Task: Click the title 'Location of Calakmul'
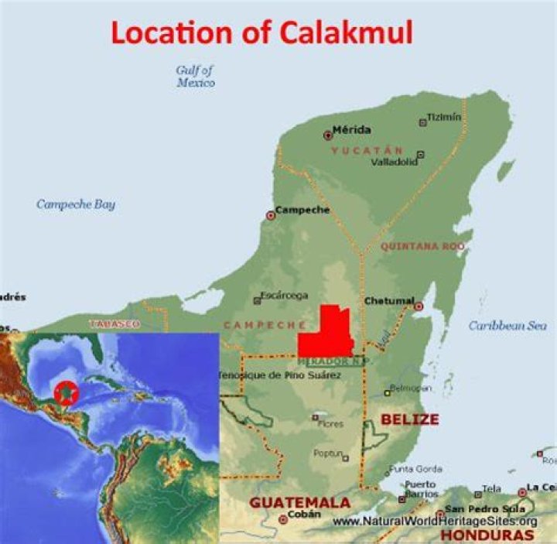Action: (x=261, y=32)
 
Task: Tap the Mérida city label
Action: (x=351, y=129)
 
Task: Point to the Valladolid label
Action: (x=394, y=163)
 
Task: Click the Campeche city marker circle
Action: (x=271, y=215)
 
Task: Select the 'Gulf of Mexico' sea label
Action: (x=195, y=76)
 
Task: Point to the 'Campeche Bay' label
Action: (x=76, y=205)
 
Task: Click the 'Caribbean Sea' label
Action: (x=507, y=326)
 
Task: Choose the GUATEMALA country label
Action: (x=299, y=503)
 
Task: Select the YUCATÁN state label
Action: (x=367, y=150)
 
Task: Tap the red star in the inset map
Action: (x=67, y=392)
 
